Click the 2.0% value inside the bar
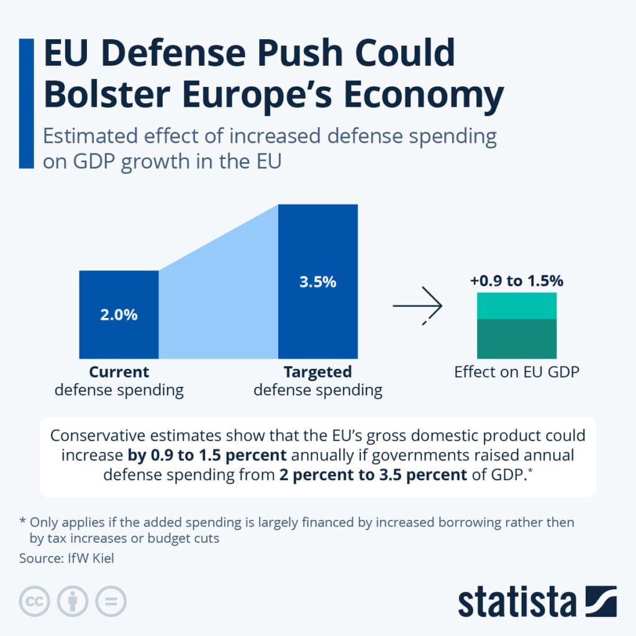tap(119, 315)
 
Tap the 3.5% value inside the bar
tap(317, 281)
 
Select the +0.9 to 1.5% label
tap(517, 281)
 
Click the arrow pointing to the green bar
tap(417, 306)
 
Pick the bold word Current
tap(119, 372)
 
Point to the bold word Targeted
tap(317, 372)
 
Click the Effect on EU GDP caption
tap(516, 373)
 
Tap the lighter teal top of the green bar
tap(517, 306)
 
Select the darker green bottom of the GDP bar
tap(517, 338)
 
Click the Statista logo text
tap(517, 602)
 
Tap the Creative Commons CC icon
tap(35, 601)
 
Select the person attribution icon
tap(73, 601)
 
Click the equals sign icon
tap(111, 601)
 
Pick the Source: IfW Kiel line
tap(66, 558)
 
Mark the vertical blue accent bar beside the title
tap(26, 103)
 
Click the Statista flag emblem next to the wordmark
tap(601, 601)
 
